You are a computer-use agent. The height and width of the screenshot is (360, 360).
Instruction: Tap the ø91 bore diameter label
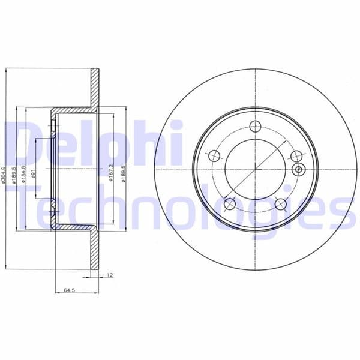click(x=34, y=175)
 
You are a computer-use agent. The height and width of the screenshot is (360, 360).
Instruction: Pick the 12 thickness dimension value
click(x=109, y=275)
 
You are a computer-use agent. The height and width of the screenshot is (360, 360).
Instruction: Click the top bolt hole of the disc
click(x=255, y=126)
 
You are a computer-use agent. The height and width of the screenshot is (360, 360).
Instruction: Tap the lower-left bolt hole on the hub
click(x=229, y=204)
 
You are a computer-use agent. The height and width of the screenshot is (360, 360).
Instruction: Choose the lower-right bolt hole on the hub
click(x=280, y=204)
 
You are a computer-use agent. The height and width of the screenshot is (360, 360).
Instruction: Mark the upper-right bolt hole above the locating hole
click(x=295, y=156)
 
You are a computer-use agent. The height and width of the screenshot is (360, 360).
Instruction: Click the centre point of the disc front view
click(x=255, y=170)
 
